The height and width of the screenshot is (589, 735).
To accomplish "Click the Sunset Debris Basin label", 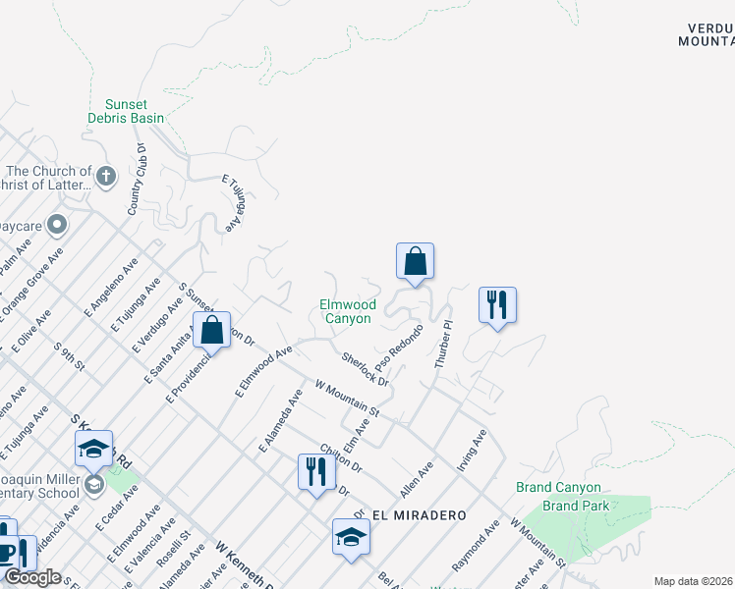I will point(135,111).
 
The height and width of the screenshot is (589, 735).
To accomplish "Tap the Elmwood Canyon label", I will point(348,311).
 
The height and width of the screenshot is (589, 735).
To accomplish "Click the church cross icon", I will point(106,178).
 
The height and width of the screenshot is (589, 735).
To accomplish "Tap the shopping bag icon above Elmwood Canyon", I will point(415,261).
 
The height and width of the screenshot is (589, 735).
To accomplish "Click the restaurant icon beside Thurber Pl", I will point(497,304).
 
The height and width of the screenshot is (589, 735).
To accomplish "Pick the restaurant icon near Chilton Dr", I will point(316,472).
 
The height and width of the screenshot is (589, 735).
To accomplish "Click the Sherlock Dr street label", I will point(365,368).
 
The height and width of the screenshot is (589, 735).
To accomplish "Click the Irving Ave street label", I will point(472,450).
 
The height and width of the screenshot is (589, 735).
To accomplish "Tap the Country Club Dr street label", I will point(137,181).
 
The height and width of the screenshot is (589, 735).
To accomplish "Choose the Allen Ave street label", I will point(417,481).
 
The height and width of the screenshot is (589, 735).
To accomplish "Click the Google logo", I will point(33,577).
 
